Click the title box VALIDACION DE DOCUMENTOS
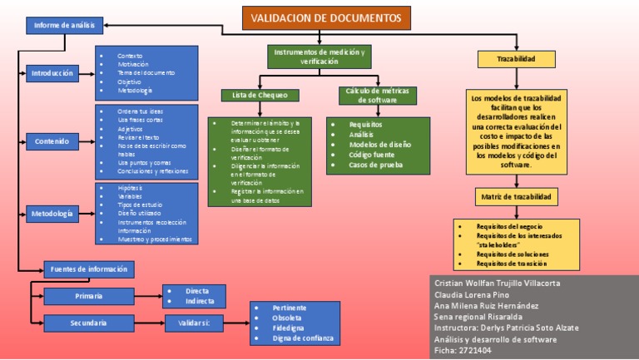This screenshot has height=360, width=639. tap(325, 18)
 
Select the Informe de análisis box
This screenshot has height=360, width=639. tap(64, 26)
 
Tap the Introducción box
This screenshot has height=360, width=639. tap(52, 73)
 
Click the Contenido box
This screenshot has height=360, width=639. tap(52, 141)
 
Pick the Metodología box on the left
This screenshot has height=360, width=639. tap(52, 215)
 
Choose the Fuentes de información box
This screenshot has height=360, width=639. tap(88, 269)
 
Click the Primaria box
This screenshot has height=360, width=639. tap(88, 296)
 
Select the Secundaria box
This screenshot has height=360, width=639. tap(88, 323)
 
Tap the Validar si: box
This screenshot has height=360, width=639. tap(193, 323)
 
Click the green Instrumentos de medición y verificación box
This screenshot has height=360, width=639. tap(319, 57)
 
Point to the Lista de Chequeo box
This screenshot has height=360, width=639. tap(260, 96)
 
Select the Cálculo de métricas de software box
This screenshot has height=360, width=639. tap(378, 95)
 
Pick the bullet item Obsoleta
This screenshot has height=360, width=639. tap(287, 318)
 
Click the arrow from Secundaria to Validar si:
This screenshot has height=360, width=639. tap(148, 323)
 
